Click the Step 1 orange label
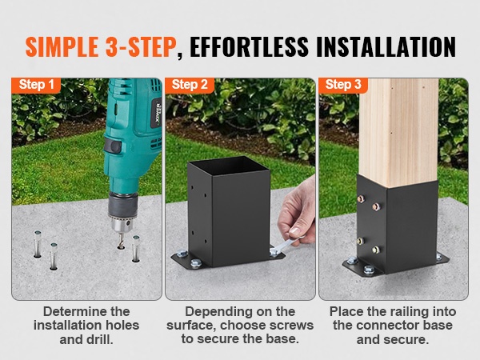click(x=36, y=85)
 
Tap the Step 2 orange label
click(x=190, y=85)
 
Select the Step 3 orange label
click(x=343, y=85)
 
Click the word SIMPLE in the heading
click(x=62, y=47)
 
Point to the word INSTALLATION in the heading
click(x=386, y=47)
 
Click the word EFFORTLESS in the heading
click(x=249, y=47)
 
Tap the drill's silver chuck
click(x=122, y=225)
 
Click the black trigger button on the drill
click(x=112, y=146)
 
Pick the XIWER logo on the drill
click(x=158, y=114)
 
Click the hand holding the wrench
click(x=298, y=211)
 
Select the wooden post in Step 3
click(x=398, y=132)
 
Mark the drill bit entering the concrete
click(x=122, y=240)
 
